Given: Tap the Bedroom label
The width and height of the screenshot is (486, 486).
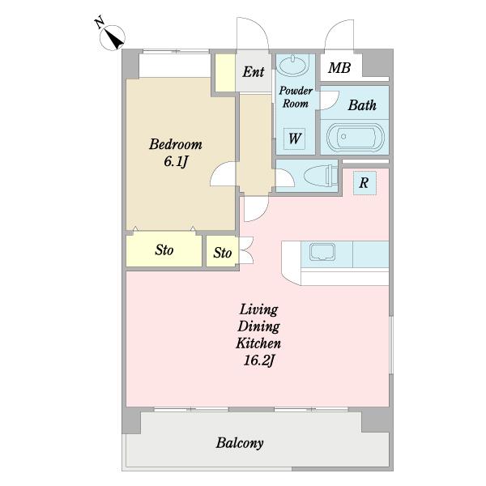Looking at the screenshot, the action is coord(176,144).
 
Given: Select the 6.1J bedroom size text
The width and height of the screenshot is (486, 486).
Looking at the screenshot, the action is coord(176,161).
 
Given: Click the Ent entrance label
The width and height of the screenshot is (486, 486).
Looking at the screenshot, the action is coord(254,72).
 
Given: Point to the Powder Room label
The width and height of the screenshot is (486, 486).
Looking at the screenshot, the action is coord(296,97).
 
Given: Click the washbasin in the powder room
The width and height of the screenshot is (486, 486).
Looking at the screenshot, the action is coord(293,66).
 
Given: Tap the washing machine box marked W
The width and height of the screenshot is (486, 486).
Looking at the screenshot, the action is coord(295,139).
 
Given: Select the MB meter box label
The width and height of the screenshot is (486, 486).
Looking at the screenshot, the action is coord(339,68).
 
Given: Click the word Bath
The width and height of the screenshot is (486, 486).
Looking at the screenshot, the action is coord(362,105).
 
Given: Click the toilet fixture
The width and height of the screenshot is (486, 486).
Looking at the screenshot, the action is coord(321,176).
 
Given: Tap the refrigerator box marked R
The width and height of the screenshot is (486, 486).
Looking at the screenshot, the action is coord(364,183).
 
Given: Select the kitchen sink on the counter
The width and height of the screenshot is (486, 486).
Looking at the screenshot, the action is coord(322,252).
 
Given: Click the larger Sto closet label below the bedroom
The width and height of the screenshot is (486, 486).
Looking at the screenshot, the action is coord(164,249).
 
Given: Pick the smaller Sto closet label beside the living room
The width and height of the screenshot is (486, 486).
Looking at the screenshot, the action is coord(222,253).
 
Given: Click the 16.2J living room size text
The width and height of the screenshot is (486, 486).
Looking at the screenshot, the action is coord(259,360).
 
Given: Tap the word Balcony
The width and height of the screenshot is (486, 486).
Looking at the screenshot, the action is coord(240,443).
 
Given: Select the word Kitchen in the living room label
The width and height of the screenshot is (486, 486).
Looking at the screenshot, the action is coord(258,343).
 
